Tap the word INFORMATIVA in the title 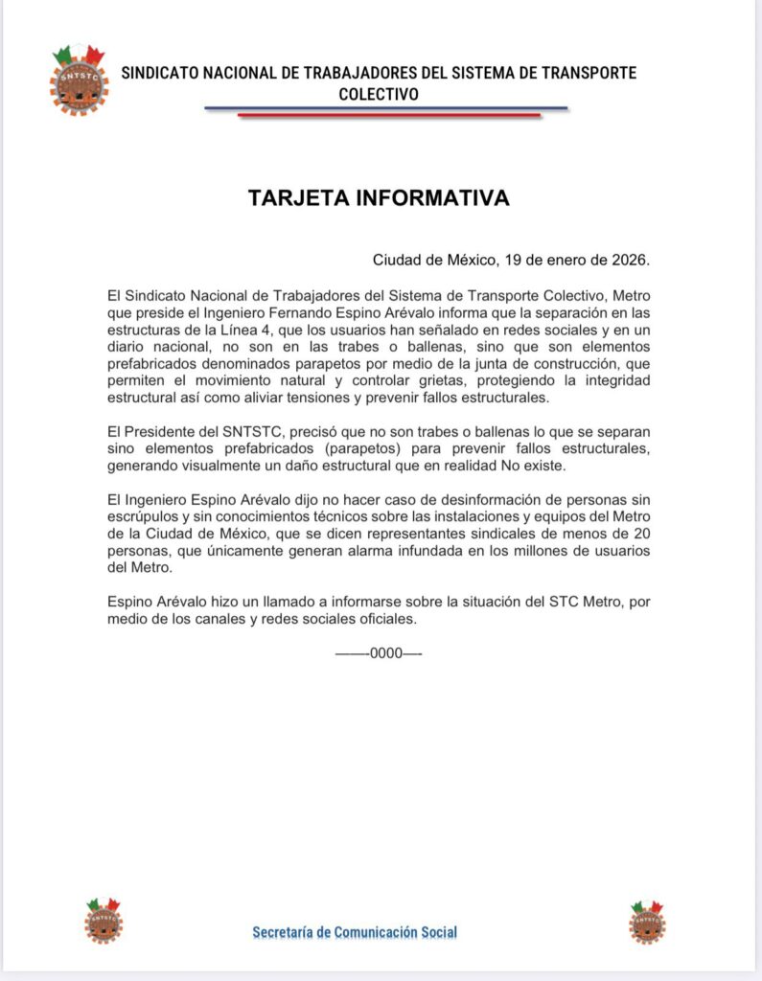(432, 198)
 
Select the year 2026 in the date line (631, 260)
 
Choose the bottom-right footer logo (647, 922)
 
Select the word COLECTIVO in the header (379, 95)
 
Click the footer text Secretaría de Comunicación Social (355, 931)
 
